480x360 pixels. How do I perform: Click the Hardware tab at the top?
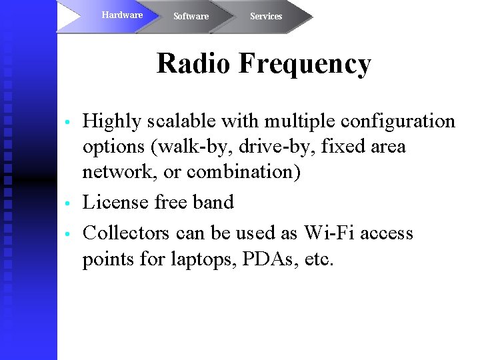coord(122,15)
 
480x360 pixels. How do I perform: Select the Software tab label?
coord(191,16)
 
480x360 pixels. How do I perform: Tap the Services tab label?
coord(266,16)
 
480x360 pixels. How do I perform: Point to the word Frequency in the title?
coord(304,64)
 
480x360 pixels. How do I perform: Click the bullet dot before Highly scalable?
coord(67,123)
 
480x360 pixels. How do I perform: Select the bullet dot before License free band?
coord(67,204)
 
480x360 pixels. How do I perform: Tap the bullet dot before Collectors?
coord(67,235)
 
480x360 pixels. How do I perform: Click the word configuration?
coord(397,122)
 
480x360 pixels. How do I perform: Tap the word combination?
coord(243,172)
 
